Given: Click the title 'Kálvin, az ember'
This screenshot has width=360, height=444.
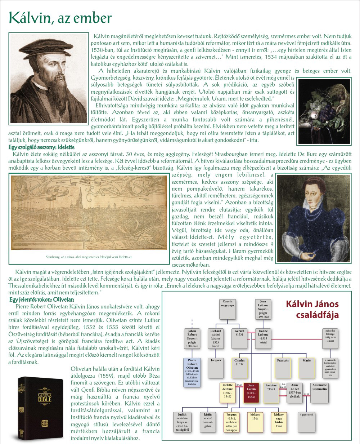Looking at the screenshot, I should pyautogui.click(x=60, y=18).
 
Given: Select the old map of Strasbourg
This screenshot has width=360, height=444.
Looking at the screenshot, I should pyautogui.click(x=89, y=213).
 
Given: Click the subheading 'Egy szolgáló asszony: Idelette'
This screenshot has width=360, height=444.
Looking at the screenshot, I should pyautogui.click(x=41, y=147).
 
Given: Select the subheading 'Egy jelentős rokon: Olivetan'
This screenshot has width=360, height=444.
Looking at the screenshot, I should pyautogui.click(x=42, y=299).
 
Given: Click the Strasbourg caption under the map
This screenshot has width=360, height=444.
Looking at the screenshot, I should pyautogui.click(x=89, y=257).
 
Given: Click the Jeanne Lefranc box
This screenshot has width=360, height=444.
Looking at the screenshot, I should pyautogui.click(x=264, y=338).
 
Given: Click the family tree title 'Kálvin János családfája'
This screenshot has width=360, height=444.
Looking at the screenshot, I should pyautogui.click(x=312, y=309).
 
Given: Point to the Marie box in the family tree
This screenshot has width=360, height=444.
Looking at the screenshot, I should pyautogui.click(x=307, y=366).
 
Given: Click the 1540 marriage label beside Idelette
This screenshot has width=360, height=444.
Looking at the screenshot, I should pyautogui.click(x=239, y=385).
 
